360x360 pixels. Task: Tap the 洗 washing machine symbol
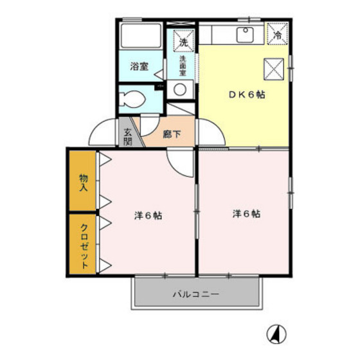(x=183, y=41)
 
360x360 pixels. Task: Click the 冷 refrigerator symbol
(x=278, y=35)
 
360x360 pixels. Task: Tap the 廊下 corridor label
(x=171, y=135)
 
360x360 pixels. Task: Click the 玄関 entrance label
(x=127, y=136)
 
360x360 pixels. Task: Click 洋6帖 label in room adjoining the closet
(x=148, y=216)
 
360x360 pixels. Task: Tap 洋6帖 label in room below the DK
(x=246, y=214)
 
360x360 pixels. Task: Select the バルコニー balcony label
(x=196, y=295)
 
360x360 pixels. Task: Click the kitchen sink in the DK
(x=246, y=35)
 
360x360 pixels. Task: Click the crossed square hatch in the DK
(x=273, y=66)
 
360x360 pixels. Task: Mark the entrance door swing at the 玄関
(x=103, y=133)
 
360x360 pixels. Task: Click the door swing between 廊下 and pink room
(x=180, y=162)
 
